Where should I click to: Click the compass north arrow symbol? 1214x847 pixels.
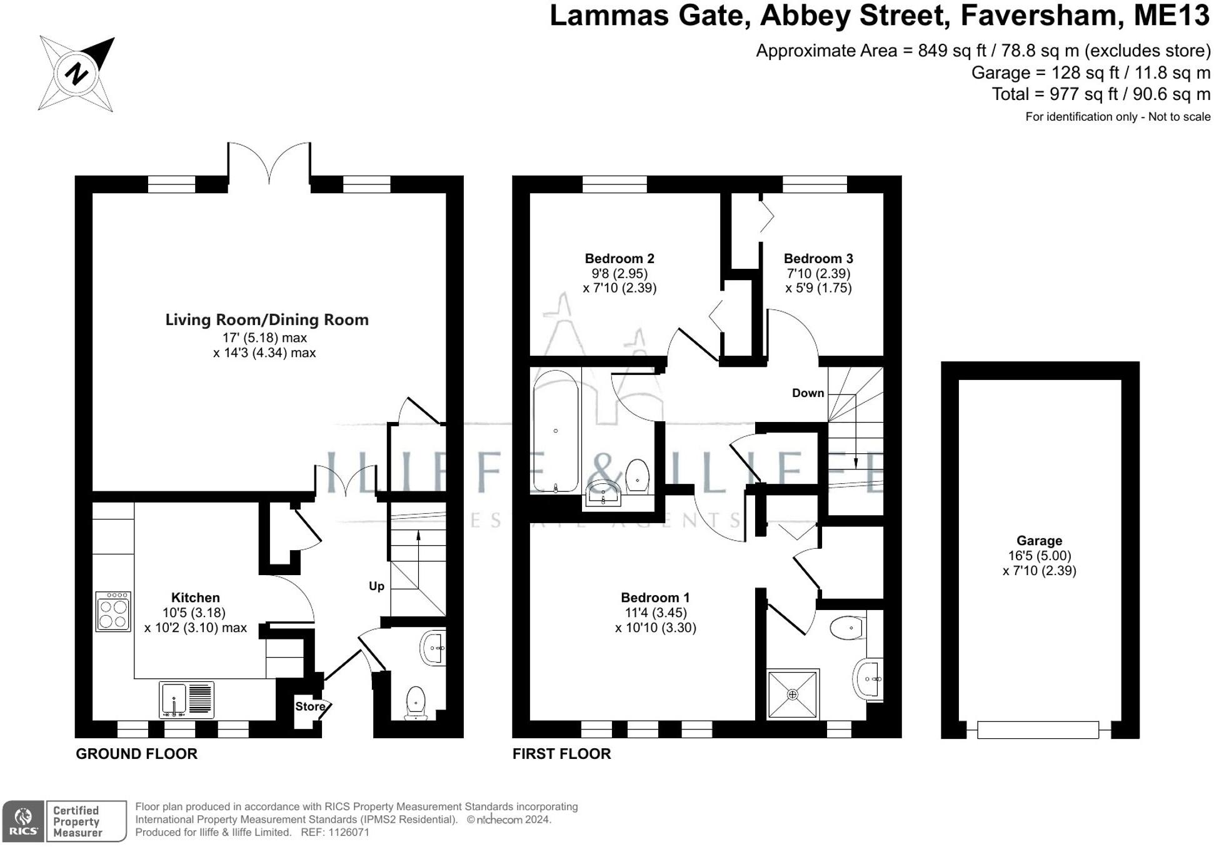77,74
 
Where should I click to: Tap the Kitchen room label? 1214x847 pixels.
195,598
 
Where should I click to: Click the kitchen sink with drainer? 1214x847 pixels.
186,699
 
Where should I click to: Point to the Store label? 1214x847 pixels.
310,706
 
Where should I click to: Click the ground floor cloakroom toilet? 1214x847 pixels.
416,703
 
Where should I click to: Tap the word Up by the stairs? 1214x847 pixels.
376,586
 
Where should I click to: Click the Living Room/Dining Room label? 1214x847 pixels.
267,320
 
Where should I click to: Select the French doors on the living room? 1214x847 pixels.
269,164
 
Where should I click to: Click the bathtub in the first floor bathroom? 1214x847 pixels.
556,431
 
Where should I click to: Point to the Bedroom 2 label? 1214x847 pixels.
620,259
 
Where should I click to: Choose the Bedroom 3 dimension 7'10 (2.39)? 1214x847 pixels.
818,274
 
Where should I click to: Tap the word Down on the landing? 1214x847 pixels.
808,393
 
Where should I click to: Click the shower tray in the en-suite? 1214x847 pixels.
793,694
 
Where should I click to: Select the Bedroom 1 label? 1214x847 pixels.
655,598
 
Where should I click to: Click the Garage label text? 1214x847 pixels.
1039,541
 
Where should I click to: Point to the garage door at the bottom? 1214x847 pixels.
1038,729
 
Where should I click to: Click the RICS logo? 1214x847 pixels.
23,821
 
